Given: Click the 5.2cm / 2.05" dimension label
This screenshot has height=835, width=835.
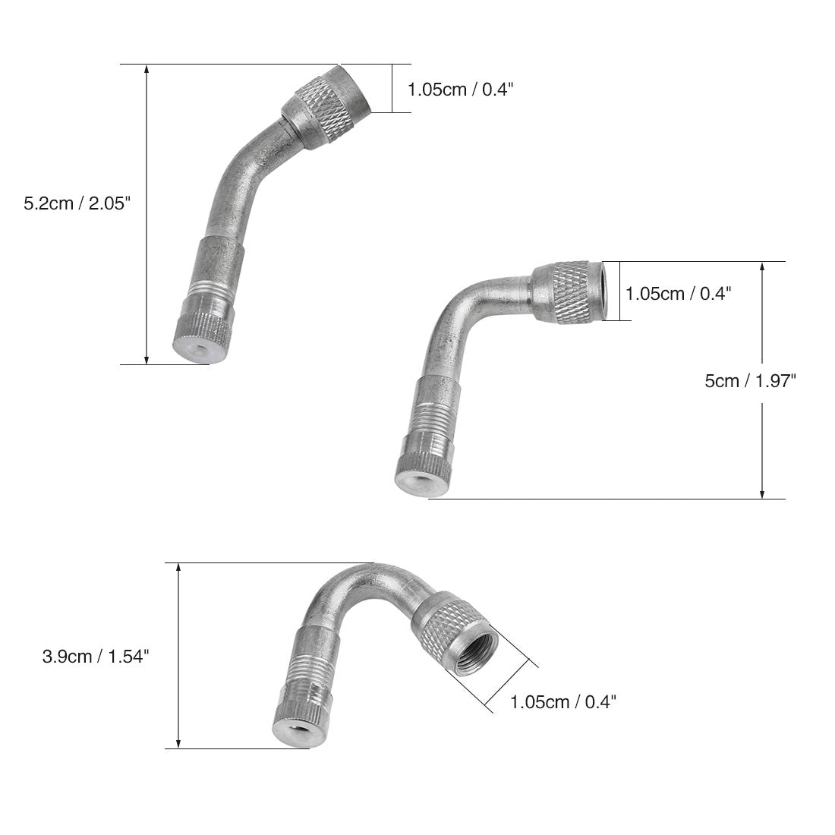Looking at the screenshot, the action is click(77, 203).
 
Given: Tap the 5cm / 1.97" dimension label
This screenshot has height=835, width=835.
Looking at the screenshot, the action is click(750, 381).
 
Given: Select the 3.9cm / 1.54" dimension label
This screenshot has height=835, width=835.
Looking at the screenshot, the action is click(96, 656).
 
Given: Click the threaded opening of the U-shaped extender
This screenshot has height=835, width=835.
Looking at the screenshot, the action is click(471, 651).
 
